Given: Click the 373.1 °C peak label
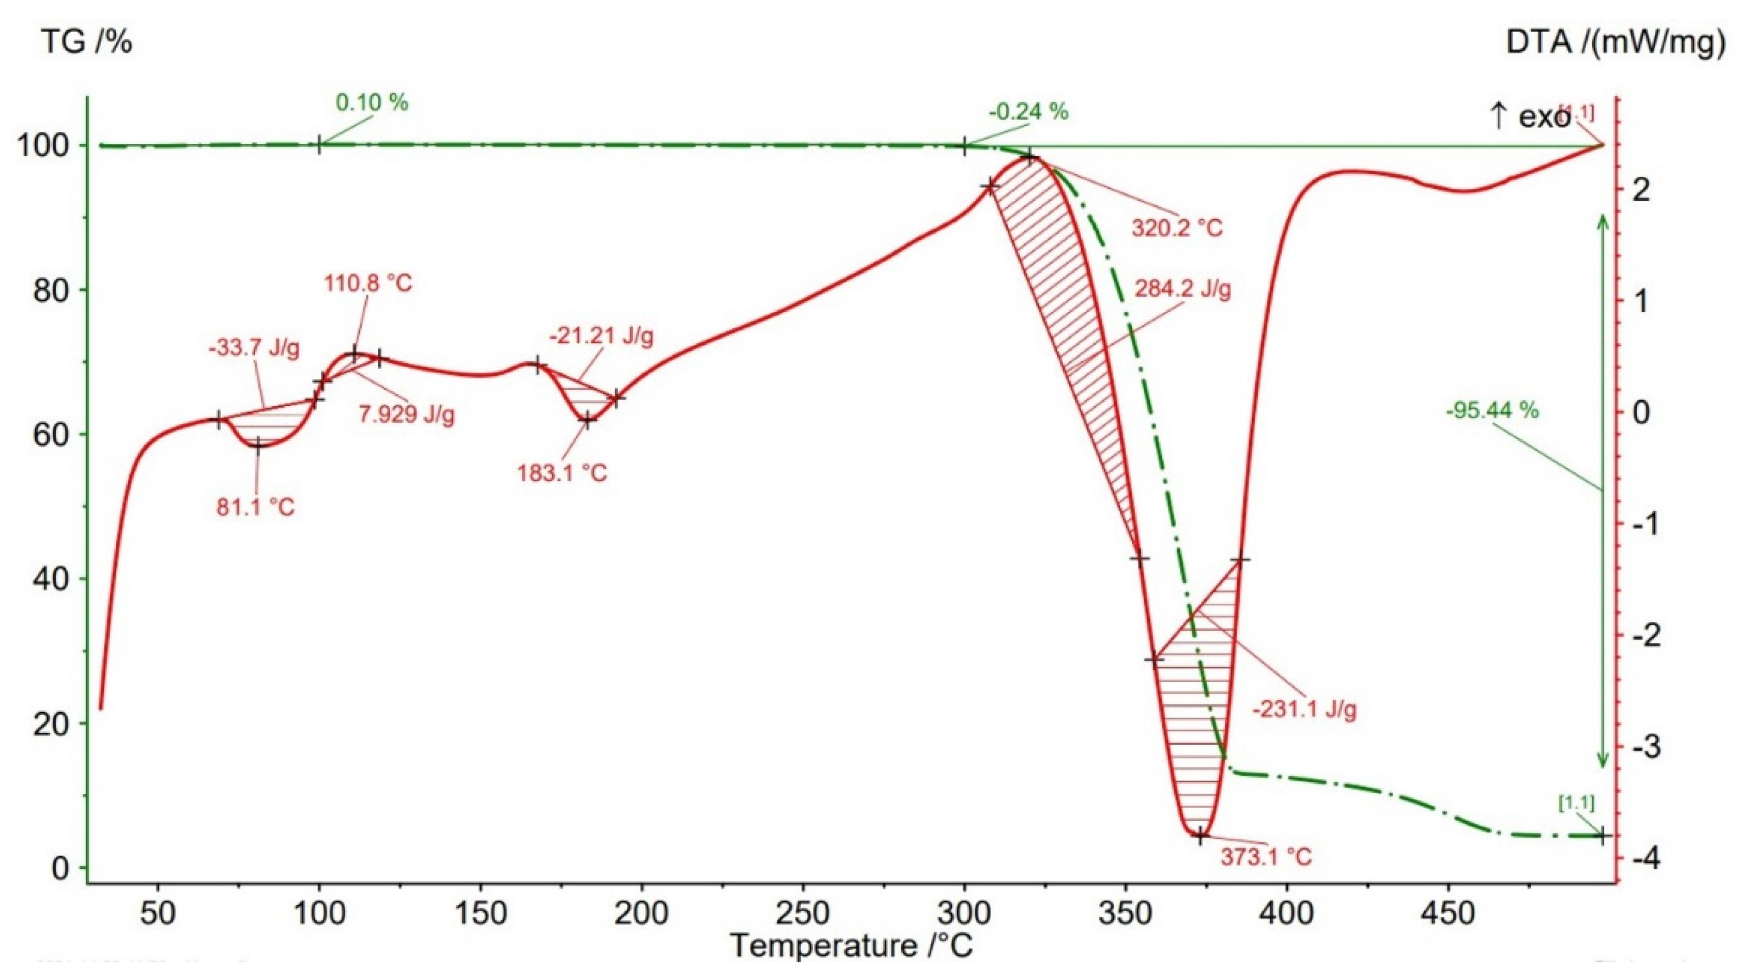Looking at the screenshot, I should click(1266, 857).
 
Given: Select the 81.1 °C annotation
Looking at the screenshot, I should click(256, 507).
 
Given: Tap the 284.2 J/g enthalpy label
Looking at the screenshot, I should click(1183, 290).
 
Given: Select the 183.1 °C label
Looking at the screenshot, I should click(562, 473).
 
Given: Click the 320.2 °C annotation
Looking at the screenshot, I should click(1177, 228).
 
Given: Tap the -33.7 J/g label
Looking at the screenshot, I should click(254, 349).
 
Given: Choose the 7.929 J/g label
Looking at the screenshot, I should click(406, 414).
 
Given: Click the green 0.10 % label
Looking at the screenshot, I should click(372, 103).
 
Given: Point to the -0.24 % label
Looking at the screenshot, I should click(1028, 112).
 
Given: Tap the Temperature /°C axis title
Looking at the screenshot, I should click(851, 945).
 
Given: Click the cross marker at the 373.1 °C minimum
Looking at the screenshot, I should click(1200, 836).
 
